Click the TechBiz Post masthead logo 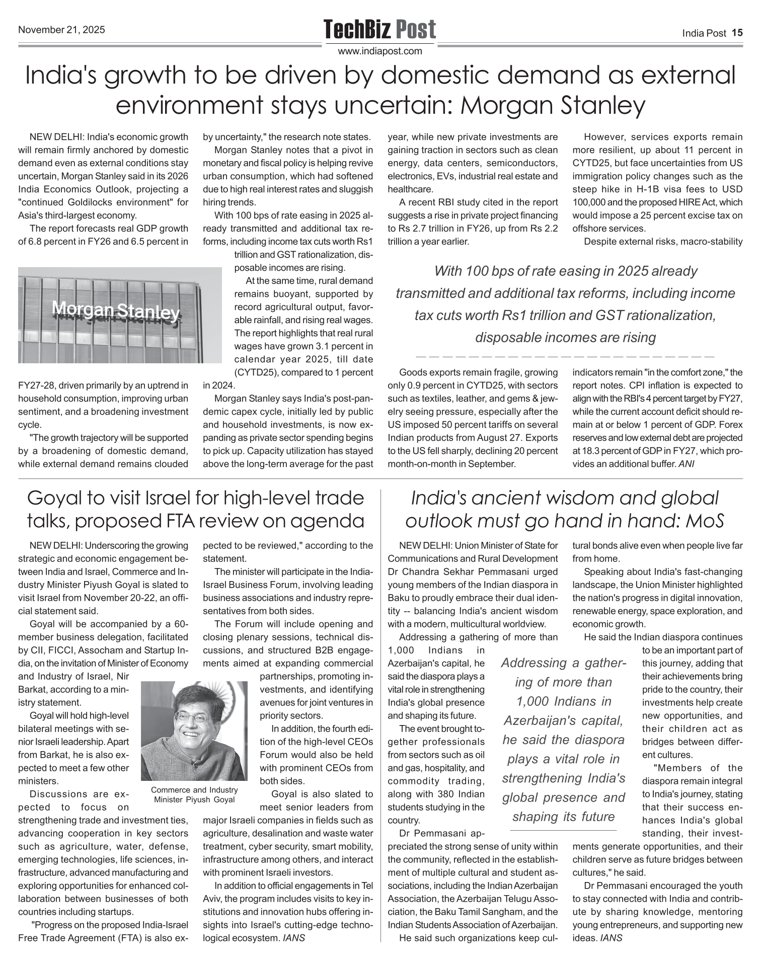379,29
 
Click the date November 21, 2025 61,30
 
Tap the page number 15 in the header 737,33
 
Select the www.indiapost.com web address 380,51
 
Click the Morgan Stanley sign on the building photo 116,311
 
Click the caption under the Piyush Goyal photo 194,794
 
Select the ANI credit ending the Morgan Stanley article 686,464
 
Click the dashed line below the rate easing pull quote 565,356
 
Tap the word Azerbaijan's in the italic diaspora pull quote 563,721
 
